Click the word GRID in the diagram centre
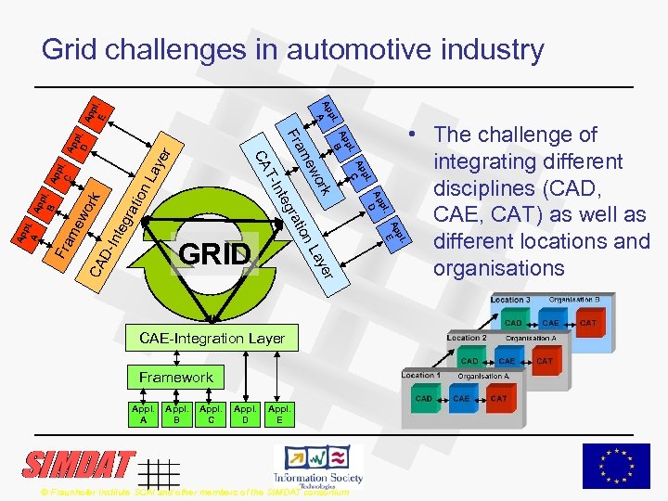click(x=215, y=254)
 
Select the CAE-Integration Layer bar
click(x=212, y=339)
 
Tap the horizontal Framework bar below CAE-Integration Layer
click(x=176, y=377)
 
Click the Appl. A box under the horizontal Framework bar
click(x=143, y=414)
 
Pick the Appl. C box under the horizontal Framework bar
click(x=211, y=414)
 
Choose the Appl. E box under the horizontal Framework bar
click(x=278, y=414)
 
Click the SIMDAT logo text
click(x=79, y=465)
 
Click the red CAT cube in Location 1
click(x=499, y=400)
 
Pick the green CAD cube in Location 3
click(x=512, y=324)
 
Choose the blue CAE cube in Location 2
click(x=507, y=361)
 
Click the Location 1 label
click(x=420, y=375)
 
